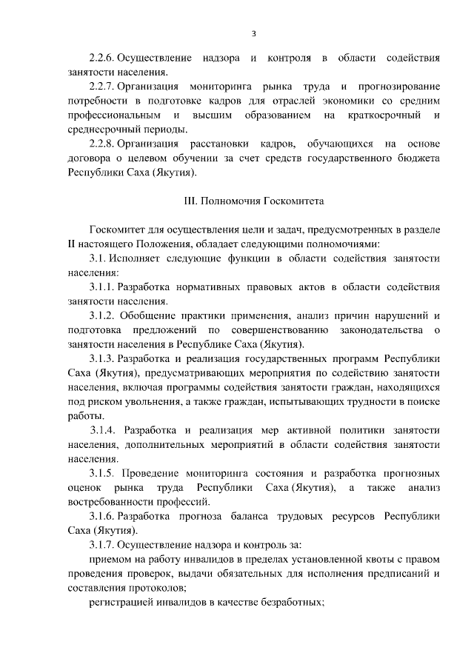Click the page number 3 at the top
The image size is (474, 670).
point(253,33)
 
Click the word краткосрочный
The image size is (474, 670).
point(380,115)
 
